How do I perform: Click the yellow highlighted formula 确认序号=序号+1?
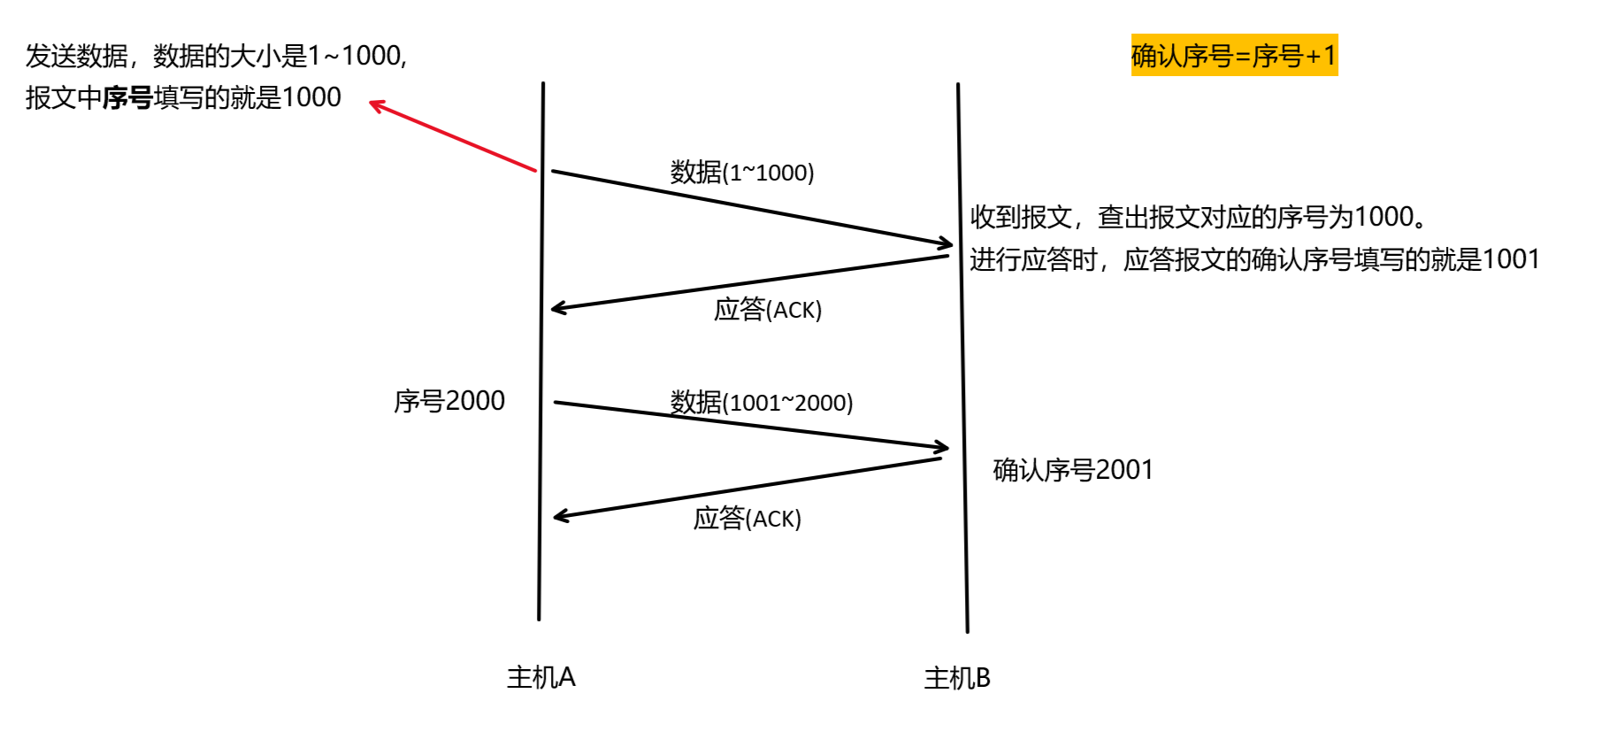point(1234,55)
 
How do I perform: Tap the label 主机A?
point(540,677)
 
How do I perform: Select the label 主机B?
point(957,678)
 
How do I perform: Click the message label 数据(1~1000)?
point(741,172)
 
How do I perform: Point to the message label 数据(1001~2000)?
point(761,402)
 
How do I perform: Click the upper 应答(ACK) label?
point(768,309)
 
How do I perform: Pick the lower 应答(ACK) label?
point(747,518)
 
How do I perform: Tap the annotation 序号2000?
point(449,401)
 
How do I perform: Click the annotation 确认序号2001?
point(1073,470)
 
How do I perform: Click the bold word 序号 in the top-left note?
point(127,97)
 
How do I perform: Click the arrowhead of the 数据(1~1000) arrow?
point(946,243)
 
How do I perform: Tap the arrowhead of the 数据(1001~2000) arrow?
point(942,447)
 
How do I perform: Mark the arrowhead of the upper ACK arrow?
point(557,308)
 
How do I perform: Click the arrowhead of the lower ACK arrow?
point(560,516)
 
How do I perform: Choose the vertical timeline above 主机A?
point(540,354)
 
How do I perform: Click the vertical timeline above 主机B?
point(962,354)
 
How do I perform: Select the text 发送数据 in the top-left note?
point(77,56)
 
